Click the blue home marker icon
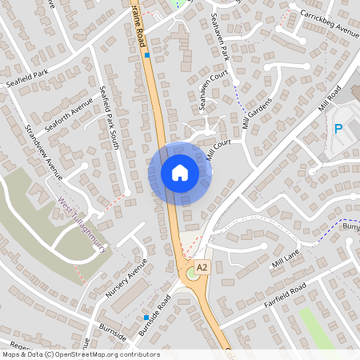180,173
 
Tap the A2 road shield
202,267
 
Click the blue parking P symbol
338,129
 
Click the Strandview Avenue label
43,152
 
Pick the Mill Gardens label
257,114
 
